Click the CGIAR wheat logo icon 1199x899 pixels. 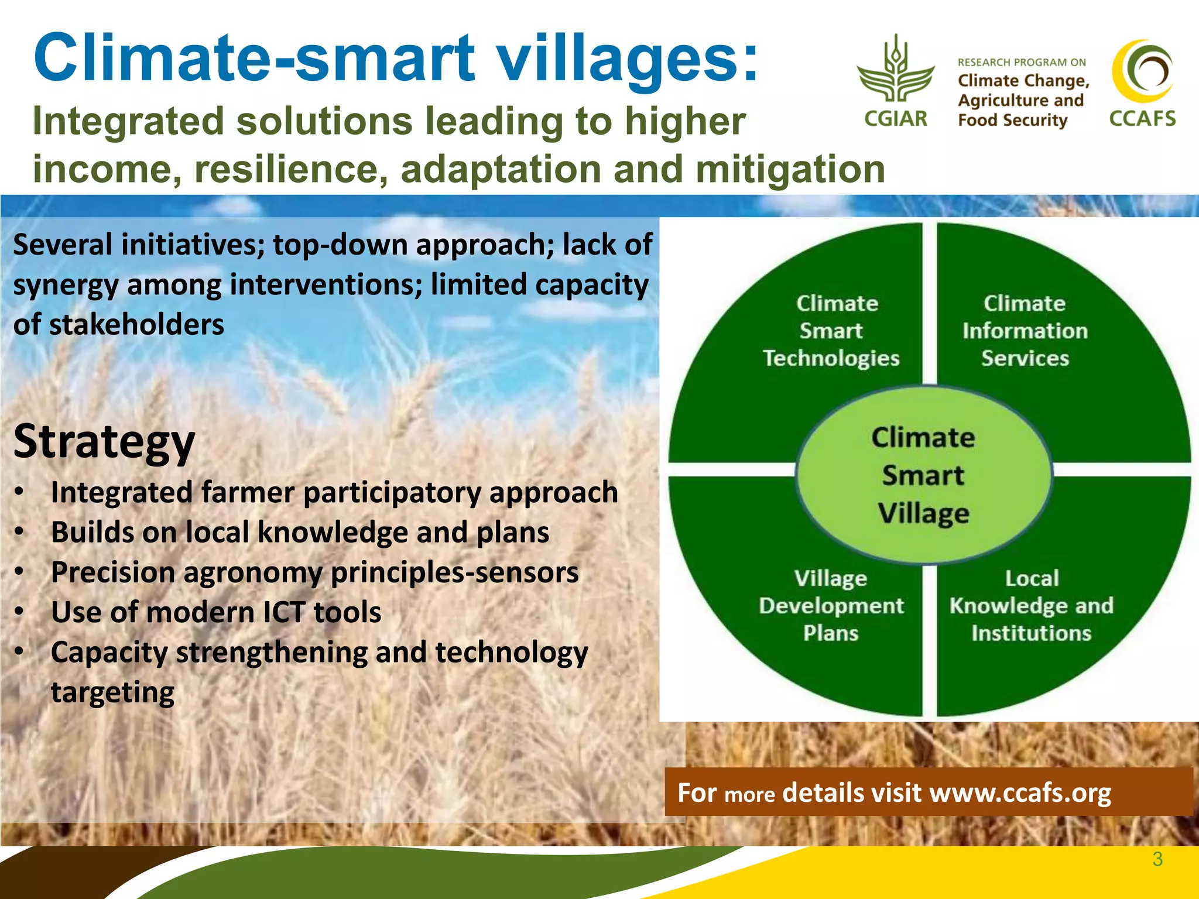tap(895, 70)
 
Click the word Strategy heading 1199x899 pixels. tap(104, 441)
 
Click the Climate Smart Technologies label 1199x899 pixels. tap(831, 331)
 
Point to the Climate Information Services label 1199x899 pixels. tap(1025, 331)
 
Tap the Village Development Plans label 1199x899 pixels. tap(831, 605)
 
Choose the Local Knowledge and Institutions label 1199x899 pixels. tap(1031, 605)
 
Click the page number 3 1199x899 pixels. tap(1157, 859)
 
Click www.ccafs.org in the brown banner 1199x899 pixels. tap(1020, 792)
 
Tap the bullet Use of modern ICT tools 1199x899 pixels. tap(216, 612)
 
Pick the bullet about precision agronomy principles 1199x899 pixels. tap(314, 572)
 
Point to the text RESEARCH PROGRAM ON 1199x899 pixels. tap(1022, 62)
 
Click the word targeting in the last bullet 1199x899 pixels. tap(112, 692)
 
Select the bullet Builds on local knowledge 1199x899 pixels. tap(300, 533)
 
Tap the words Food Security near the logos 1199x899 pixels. tap(1012, 120)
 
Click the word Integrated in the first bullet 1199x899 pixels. tap(121, 492)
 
